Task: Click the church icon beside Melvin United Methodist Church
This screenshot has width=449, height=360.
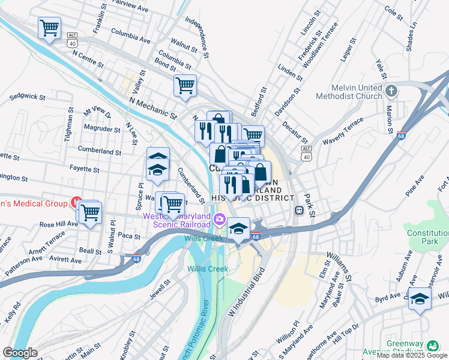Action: pos(391,91)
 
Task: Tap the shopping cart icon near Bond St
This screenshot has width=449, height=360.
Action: pos(185,85)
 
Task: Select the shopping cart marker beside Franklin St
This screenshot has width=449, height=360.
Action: pos(49,27)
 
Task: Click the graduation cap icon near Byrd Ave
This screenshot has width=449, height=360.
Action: pos(420,298)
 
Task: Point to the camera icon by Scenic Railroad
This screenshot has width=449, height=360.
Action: pos(220,218)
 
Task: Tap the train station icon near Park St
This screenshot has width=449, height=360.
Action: pos(298,211)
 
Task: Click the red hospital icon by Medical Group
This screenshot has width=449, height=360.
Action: pos(77,202)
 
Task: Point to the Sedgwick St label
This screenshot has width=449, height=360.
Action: pos(28,96)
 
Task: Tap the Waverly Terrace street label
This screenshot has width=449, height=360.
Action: pos(343,131)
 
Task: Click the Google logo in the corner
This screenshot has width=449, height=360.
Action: pos(20,353)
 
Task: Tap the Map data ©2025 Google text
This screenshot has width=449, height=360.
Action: pos(412,355)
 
